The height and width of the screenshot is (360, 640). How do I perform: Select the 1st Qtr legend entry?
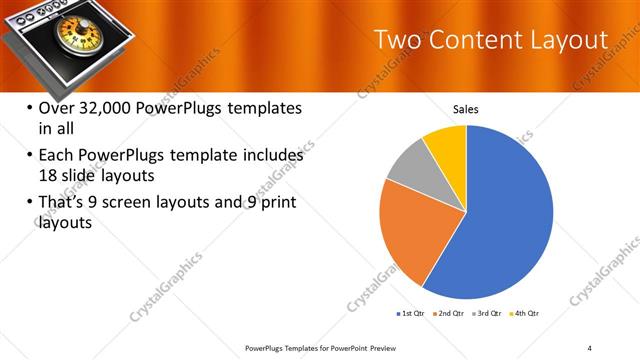[411, 314]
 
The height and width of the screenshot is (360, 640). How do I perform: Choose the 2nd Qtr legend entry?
[450, 314]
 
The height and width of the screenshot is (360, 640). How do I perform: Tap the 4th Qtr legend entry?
[527, 314]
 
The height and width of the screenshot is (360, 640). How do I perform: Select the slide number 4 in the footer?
[589, 347]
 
